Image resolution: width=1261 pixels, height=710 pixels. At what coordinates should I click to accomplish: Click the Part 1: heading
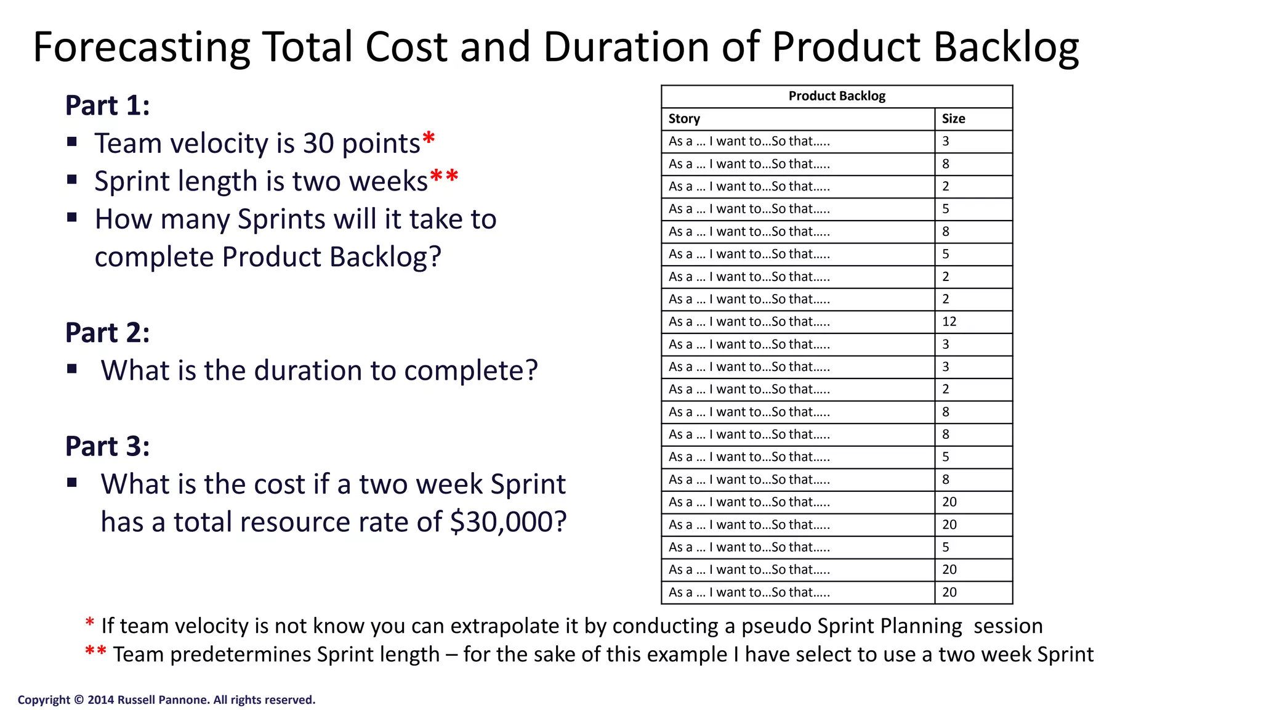[x=107, y=105]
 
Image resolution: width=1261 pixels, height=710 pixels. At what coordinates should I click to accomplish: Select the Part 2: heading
[x=107, y=333]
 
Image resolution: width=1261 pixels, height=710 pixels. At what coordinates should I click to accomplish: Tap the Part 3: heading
[x=107, y=446]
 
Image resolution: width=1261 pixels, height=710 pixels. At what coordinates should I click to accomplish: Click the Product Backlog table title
[x=836, y=96]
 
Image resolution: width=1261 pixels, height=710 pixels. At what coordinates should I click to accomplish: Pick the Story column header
[x=684, y=119]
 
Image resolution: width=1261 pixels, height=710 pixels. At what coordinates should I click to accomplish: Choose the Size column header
[x=953, y=119]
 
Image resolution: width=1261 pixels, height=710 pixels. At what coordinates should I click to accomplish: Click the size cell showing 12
[x=949, y=322]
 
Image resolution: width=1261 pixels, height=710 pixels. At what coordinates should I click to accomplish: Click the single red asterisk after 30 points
[x=429, y=139]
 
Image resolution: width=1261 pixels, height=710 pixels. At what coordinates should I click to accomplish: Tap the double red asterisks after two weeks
[x=444, y=177]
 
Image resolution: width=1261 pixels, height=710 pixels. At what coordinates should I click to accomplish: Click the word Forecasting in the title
[x=141, y=48]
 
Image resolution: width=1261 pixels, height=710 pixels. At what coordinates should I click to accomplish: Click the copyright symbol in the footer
[x=79, y=700]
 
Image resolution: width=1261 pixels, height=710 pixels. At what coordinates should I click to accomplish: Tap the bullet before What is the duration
[x=72, y=369]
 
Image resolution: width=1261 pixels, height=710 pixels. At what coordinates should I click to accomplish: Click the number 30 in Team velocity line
[x=318, y=144]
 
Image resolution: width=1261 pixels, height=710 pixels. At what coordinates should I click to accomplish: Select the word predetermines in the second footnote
[x=241, y=655]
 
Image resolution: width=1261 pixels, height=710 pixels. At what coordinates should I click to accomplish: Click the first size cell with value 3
[x=946, y=142]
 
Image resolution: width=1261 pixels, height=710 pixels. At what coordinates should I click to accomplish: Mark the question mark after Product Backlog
[x=435, y=257]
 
